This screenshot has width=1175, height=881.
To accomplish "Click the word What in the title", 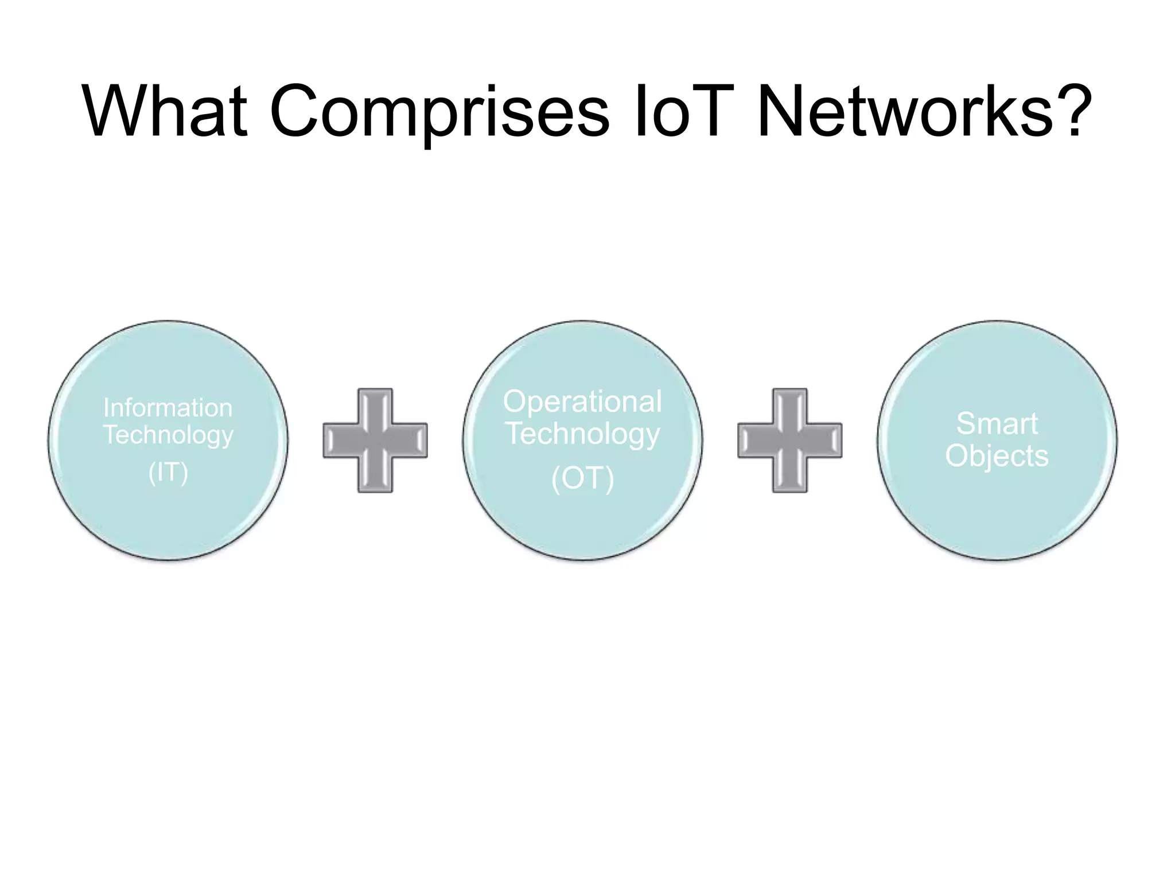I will (165, 111).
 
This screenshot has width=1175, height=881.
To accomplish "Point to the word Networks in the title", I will (906, 111).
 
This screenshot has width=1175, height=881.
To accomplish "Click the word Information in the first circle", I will (168, 408).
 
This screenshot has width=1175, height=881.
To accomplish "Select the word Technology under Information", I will (168, 435).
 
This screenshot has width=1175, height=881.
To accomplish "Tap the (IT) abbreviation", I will (168, 473).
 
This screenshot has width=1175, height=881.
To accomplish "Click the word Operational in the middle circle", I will (582, 401).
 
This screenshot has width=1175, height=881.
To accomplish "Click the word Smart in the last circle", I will (997, 424).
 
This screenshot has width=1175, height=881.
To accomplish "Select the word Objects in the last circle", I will (997, 457).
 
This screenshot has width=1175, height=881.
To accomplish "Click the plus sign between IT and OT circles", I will (375, 440).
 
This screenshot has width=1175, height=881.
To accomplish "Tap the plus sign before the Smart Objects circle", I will (790, 440).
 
